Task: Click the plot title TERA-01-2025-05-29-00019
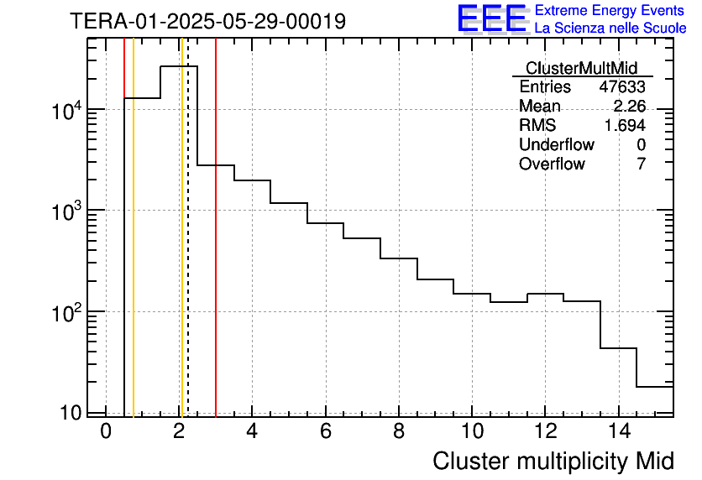[207, 21]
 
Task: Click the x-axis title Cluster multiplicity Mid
[553, 461]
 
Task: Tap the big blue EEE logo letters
[491, 18]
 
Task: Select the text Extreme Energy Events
[610, 11]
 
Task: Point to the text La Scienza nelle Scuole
[610, 29]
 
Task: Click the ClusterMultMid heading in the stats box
[581, 68]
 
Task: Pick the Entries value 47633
[621, 87]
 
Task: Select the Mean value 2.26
[629, 107]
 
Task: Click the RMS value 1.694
[625, 125]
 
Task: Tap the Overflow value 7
[641, 164]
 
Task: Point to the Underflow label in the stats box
[556, 144]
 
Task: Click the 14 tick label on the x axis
[617, 432]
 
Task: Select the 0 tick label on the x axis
[106, 432]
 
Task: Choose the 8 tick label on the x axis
[399, 432]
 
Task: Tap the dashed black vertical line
[187, 252]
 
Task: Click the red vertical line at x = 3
[216, 252]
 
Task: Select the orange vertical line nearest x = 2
[181, 252]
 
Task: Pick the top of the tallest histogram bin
[179, 65]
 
